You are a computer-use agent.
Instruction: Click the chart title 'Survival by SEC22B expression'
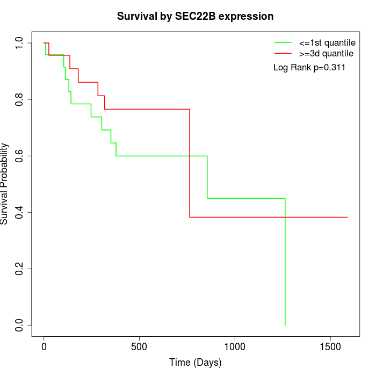click(196, 16)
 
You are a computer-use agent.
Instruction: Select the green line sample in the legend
click(283, 42)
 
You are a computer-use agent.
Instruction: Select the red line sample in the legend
click(283, 54)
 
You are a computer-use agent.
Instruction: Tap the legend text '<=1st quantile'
click(327, 42)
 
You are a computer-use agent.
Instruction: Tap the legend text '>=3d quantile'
click(327, 54)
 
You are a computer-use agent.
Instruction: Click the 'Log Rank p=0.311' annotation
click(309, 68)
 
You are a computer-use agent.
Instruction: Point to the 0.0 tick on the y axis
click(20, 326)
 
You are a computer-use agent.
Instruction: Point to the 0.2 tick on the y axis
click(20, 269)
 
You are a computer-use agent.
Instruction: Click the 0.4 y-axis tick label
click(20, 213)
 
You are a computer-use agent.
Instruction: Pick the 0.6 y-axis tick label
click(20, 156)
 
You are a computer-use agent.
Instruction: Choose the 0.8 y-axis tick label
click(20, 100)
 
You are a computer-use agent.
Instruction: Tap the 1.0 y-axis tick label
click(20, 43)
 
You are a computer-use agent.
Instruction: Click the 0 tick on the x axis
click(44, 346)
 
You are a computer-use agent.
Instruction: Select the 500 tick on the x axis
click(139, 346)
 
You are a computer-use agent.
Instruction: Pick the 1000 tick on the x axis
click(235, 346)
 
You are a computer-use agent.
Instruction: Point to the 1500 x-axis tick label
click(330, 346)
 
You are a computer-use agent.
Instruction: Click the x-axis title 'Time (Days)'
click(196, 363)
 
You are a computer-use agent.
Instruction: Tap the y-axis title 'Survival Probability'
click(5, 184)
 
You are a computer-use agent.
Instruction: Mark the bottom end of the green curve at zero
click(285, 325)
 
